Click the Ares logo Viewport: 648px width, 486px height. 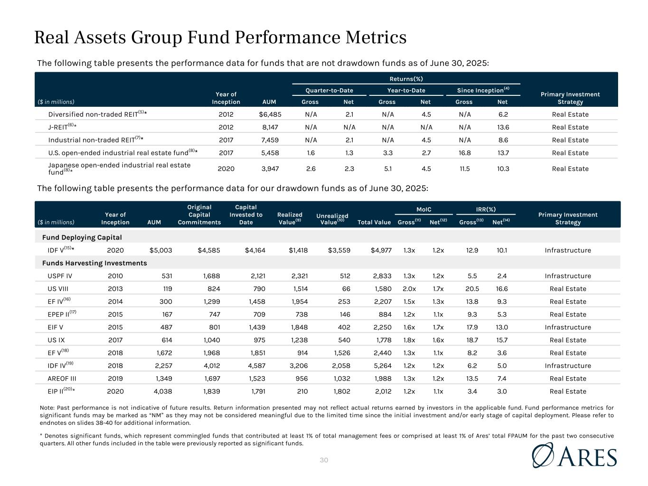pos(575,456)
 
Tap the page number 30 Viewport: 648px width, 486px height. pos(324,460)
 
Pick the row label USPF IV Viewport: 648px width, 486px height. pos(60,276)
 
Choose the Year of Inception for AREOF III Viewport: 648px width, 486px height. pos(115,378)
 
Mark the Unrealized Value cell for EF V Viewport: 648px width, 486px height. pos(340,353)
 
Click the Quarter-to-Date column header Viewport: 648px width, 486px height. pos(329,90)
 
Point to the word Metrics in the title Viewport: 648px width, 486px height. pos(373,37)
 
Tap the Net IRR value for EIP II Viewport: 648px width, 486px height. pos(501,391)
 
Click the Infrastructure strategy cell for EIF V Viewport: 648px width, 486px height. pos(568,327)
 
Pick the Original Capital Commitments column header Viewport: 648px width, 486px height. pos(199,215)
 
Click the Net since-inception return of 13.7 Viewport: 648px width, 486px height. pos(503,153)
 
